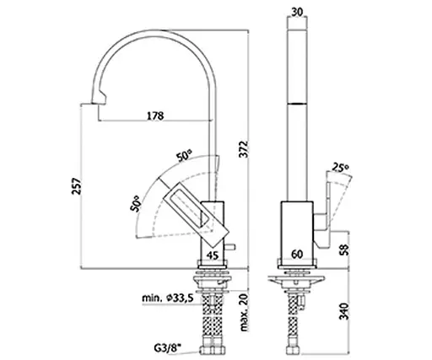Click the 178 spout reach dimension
click(x=155, y=116)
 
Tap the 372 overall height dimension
click(x=244, y=149)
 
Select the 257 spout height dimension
click(x=76, y=185)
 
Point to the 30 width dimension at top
click(x=297, y=12)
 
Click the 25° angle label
click(x=341, y=168)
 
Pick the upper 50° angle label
click(x=184, y=155)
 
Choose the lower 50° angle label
click(x=135, y=203)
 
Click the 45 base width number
click(x=213, y=255)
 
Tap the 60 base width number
click(x=297, y=255)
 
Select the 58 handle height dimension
click(x=344, y=250)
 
